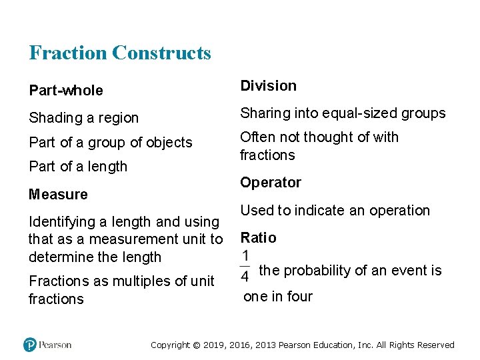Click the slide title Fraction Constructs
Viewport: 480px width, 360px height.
pos(120,53)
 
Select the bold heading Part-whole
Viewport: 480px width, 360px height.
pos(66,90)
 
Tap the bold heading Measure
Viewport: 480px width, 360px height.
pos(58,194)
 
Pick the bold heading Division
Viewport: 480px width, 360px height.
pos(268,85)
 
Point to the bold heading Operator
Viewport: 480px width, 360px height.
pos(271,182)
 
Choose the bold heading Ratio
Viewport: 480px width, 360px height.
pos(258,237)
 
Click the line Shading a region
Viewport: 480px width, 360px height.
pos(83,118)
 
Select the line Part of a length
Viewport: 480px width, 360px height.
pos(77,166)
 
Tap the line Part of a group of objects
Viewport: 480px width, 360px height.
pos(110,142)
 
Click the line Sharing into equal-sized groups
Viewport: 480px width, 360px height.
pos(343,113)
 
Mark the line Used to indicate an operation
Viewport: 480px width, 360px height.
pos(335,210)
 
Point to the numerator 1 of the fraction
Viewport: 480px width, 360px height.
pos(246,256)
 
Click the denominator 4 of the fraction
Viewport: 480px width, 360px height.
pos(246,275)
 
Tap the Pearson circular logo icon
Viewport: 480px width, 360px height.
pos(30,345)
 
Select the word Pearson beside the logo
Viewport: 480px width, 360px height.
pos(55,345)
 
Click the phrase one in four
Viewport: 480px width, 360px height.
pos(278,297)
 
